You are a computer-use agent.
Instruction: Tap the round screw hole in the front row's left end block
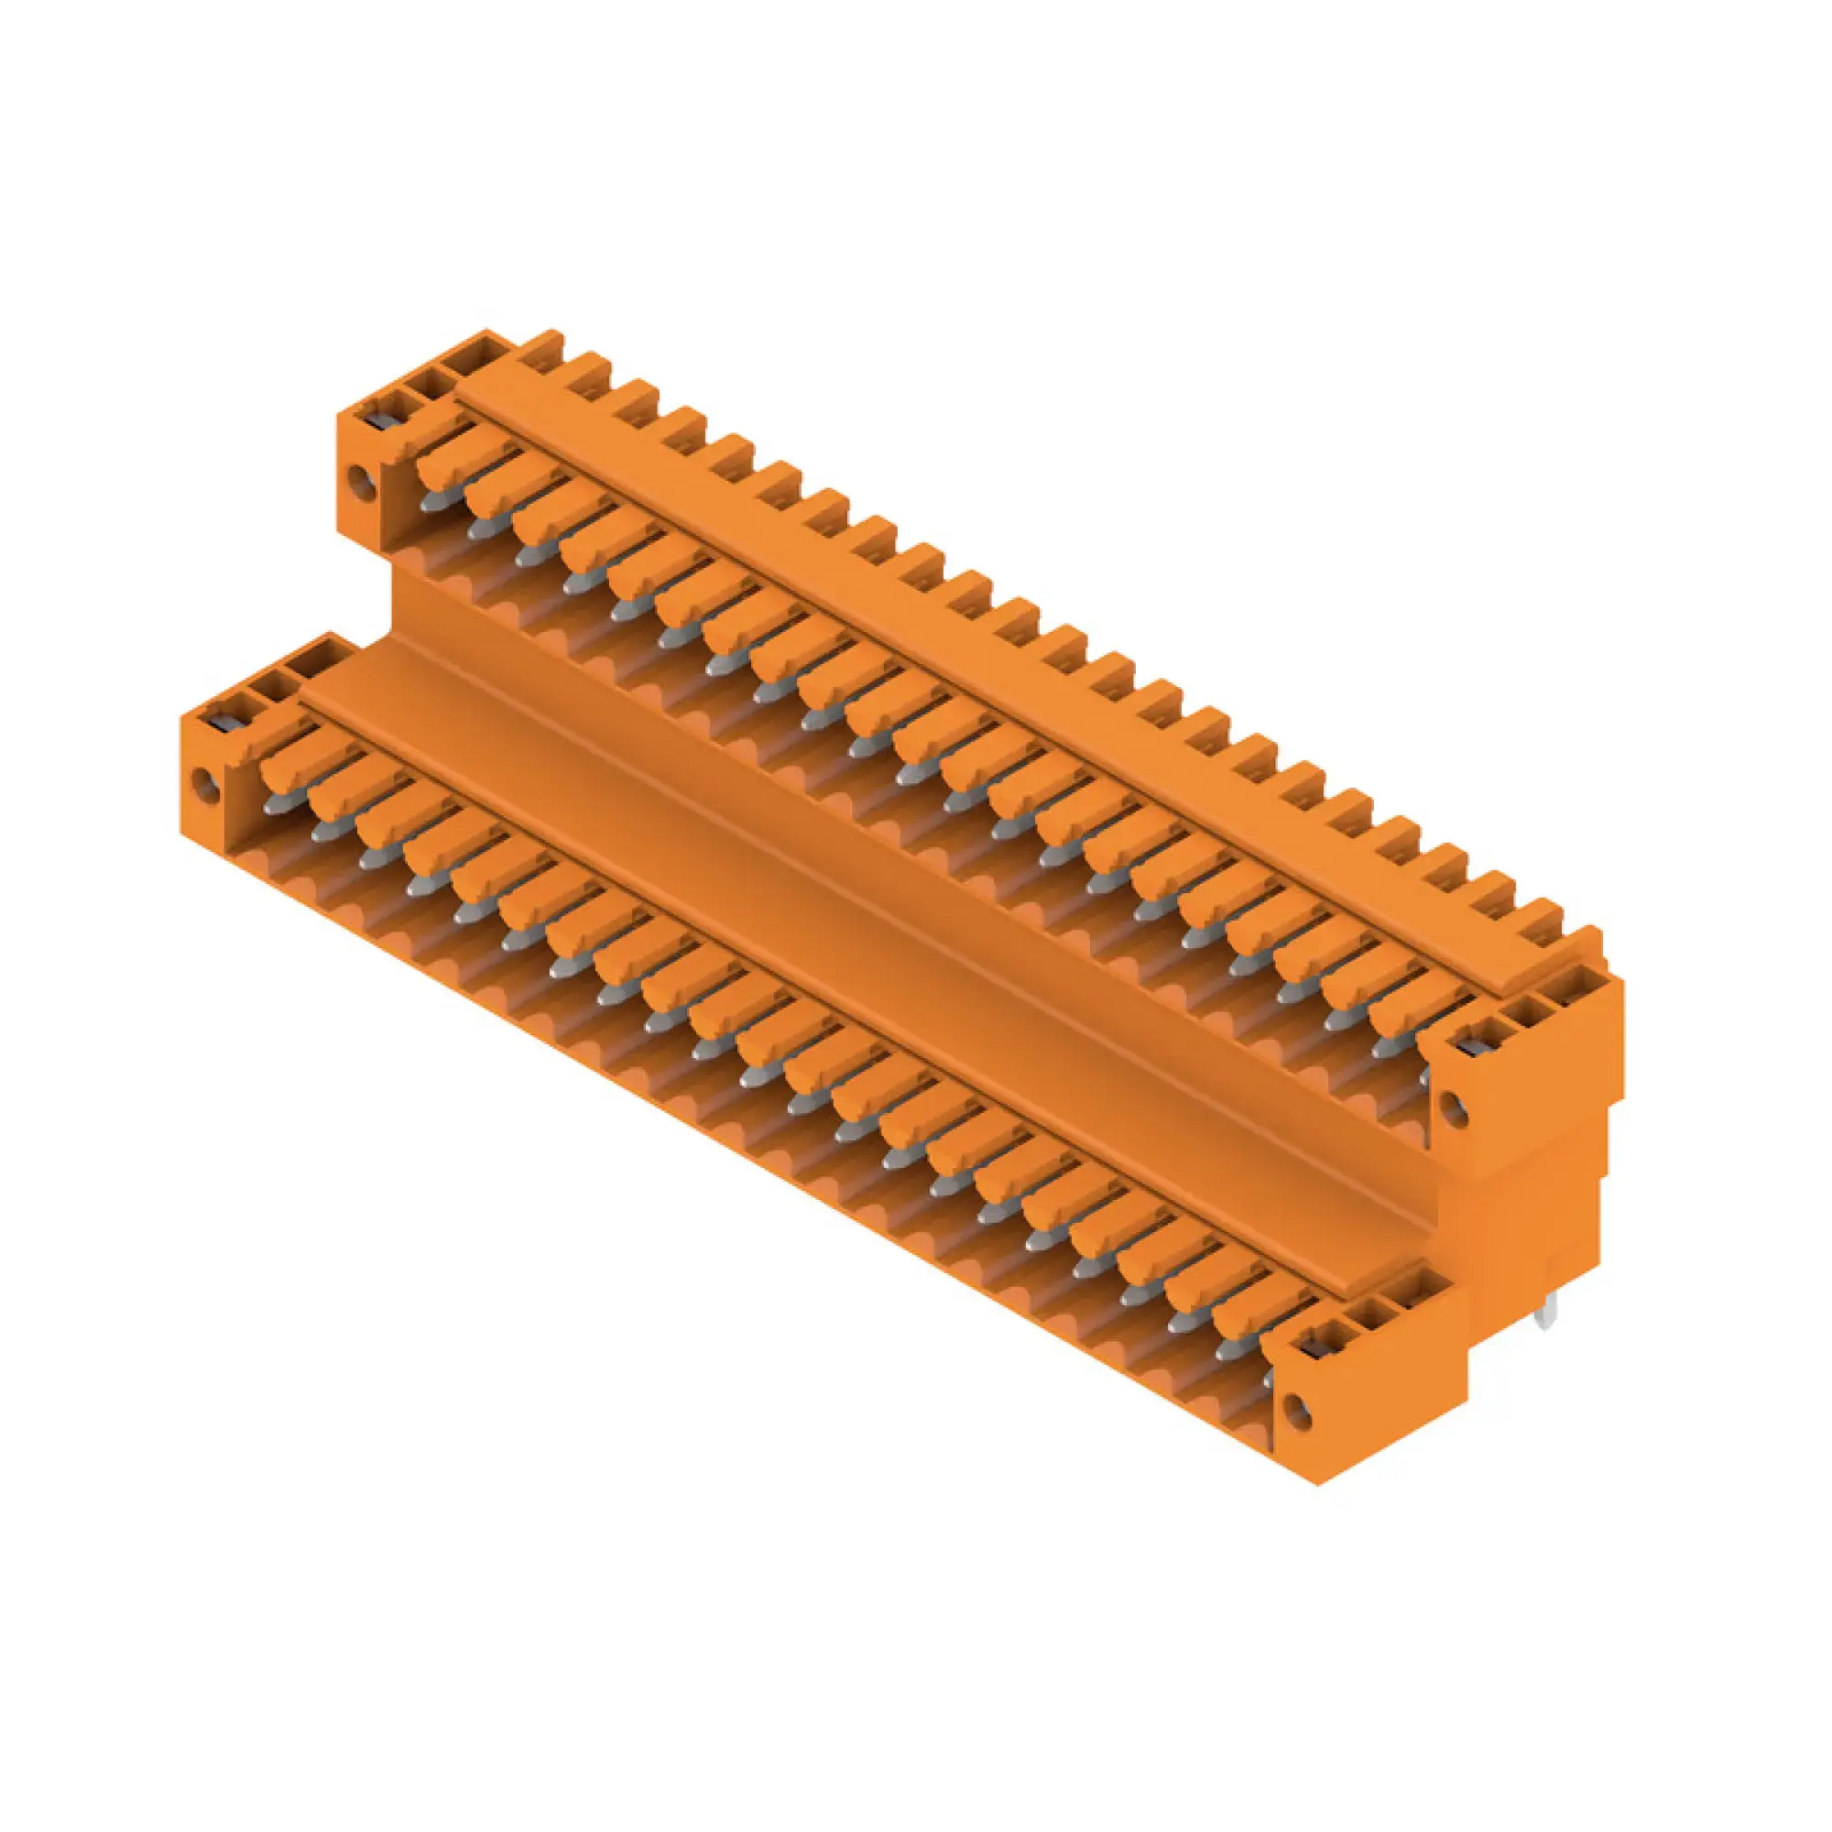201,782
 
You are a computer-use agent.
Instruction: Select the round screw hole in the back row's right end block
1451,1104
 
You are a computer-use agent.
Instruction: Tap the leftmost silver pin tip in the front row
276,804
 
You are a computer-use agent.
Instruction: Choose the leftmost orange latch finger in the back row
446,464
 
